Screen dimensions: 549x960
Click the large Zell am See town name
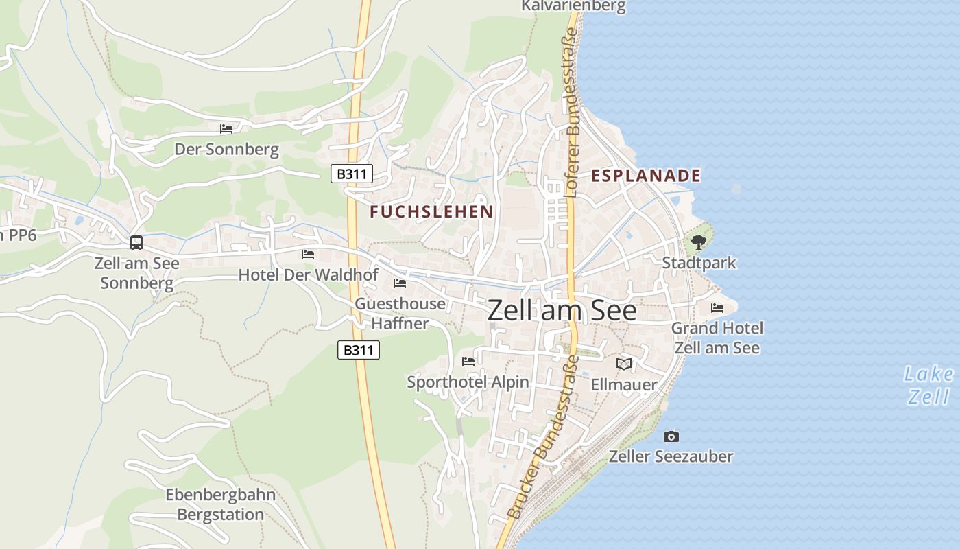(562, 311)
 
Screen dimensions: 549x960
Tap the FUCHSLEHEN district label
(431, 211)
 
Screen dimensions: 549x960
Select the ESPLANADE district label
(646, 176)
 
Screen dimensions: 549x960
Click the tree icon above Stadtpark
(699, 242)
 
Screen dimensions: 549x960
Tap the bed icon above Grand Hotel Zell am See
(717, 307)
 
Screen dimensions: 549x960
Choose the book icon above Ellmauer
(623, 364)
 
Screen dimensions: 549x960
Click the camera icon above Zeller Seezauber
(671, 436)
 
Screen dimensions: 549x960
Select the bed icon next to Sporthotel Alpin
(468, 361)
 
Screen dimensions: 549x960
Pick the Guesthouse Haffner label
(400, 313)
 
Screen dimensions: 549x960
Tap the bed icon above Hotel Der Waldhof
(308, 255)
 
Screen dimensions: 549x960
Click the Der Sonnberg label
(226, 150)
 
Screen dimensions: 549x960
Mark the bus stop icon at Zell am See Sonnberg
(136, 242)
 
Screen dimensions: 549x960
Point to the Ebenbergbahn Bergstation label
(221, 504)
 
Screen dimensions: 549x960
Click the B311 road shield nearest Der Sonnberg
(352, 174)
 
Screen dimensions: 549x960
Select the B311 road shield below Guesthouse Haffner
(359, 350)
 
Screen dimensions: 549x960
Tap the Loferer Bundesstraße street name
(571, 113)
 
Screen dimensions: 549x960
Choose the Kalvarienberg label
(573, 7)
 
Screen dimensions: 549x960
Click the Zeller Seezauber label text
(671, 456)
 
